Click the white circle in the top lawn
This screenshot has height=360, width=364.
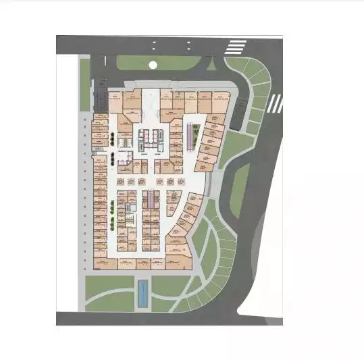[x=153, y=65]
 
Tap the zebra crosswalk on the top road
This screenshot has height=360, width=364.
[x=236, y=47]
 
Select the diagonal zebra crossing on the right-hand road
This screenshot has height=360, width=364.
[x=275, y=103]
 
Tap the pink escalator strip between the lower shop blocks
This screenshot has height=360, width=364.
[x=149, y=201]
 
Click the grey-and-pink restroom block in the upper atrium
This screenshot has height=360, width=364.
[x=147, y=137]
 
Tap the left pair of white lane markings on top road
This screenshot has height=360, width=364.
[x=154, y=46]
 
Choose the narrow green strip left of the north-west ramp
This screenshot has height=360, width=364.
[x=85, y=84]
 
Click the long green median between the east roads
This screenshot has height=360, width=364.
[x=241, y=182]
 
